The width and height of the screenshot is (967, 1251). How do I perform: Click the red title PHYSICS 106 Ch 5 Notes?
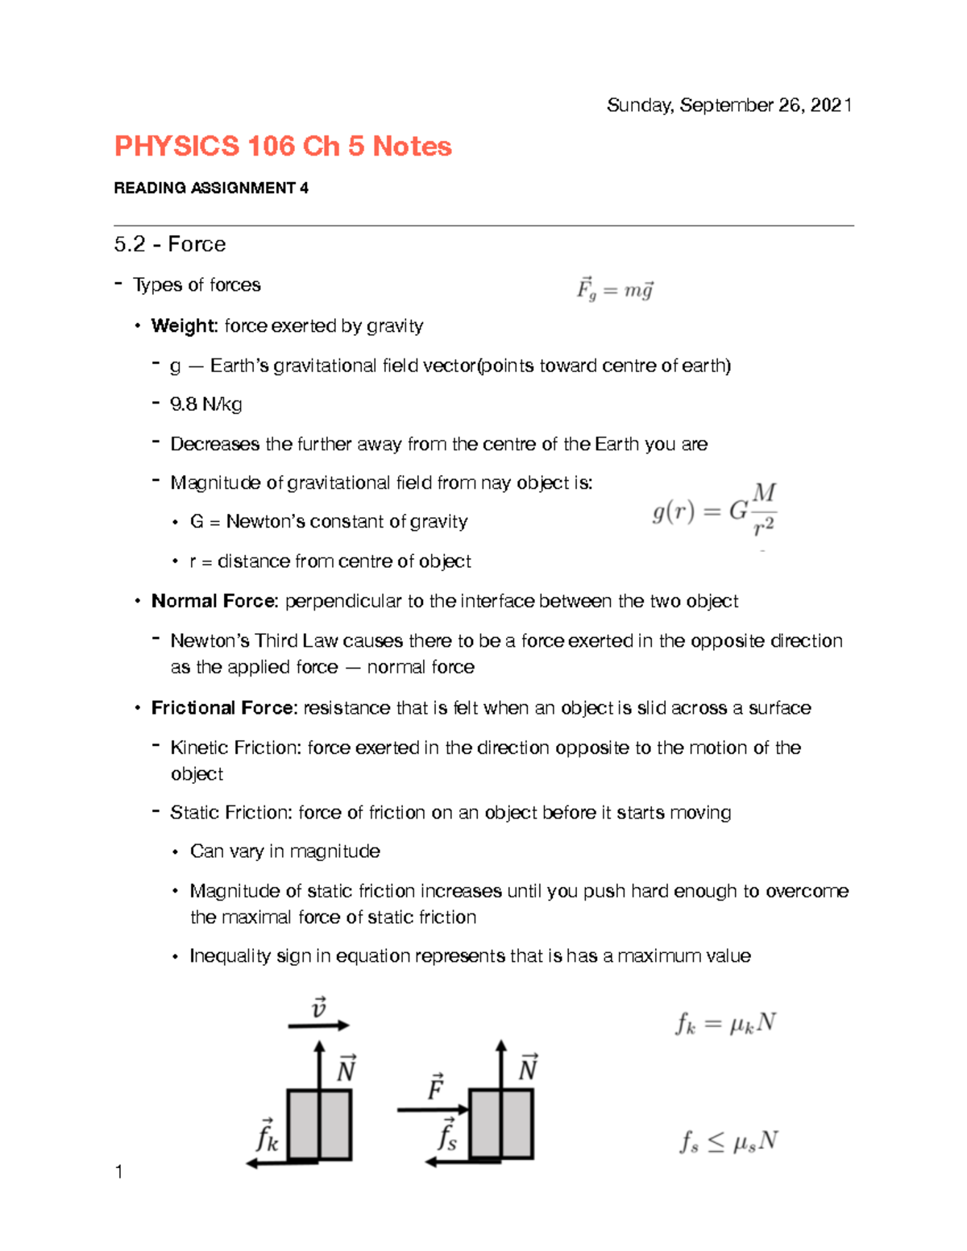[x=283, y=147]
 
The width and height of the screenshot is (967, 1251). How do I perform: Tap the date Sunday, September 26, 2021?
[x=728, y=106]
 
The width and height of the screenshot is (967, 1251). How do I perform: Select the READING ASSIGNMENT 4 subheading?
[x=211, y=188]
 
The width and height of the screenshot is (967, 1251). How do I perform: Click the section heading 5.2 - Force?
[x=170, y=244]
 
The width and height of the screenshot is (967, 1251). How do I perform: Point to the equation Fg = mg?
[x=615, y=289]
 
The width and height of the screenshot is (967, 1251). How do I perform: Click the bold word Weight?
[x=185, y=326]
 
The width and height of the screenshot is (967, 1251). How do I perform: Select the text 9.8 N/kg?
[x=206, y=404]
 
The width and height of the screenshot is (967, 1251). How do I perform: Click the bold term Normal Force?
[x=214, y=602]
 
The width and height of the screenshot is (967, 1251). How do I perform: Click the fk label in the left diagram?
[x=267, y=1137]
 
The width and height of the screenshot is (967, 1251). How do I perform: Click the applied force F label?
[x=435, y=1087]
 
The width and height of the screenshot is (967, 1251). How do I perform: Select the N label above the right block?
[x=528, y=1068]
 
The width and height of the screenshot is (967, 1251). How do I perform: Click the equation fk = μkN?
[x=725, y=1024]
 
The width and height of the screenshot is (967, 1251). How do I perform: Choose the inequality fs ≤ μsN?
[x=728, y=1141]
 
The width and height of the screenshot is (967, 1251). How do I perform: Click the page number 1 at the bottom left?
[x=119, y=1172]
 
